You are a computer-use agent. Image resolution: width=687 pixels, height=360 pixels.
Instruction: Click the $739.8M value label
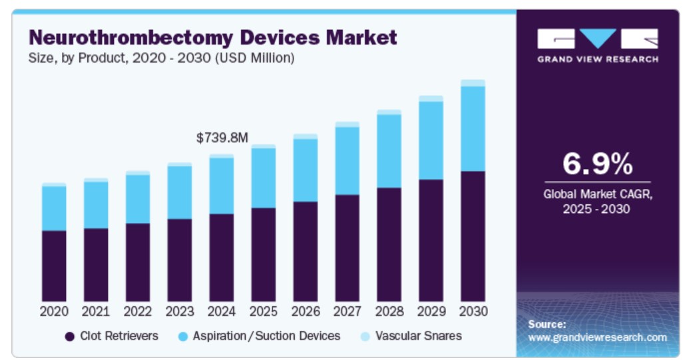pyautogui.click(x=222, y=138)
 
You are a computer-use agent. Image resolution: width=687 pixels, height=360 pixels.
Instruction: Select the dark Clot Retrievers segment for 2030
pyautogui.click(x=473, y=236)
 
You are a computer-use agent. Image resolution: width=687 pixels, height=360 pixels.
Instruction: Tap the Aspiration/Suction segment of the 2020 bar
pyautogui.click(x=54, y=208)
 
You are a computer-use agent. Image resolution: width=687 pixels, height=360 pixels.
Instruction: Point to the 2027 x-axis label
pyautogui.click(x=347, y=311)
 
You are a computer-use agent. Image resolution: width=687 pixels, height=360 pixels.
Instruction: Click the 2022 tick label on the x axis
pyautogui.click(x=138, y=311)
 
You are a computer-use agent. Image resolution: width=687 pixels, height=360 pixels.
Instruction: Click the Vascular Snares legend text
pyautogui.click(x=418, y=336)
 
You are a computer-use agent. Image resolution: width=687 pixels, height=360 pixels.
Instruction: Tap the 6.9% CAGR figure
pyautogui.click(x=597, y=163)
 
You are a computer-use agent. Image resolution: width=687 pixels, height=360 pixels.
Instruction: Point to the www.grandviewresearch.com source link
pyautogui.click(x=597, y=337)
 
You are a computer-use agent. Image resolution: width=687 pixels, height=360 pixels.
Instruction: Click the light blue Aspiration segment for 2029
pyautogui.click(x=431, y=140)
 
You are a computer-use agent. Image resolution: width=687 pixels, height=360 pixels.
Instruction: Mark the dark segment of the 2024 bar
pyautogui.click(x=222, y=258)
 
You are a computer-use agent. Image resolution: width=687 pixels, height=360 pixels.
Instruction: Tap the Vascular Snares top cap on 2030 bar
pyautogui.click(x=473, y=83)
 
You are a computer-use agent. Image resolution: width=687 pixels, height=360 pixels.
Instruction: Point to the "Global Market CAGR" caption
pyautogui.click(x=597, y=195)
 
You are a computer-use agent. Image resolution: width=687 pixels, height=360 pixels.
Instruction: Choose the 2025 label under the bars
pyautogui.click(x=263, y=311)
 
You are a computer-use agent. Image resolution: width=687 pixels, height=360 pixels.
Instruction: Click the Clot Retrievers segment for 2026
pyautogui.click(x=306, y=252)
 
